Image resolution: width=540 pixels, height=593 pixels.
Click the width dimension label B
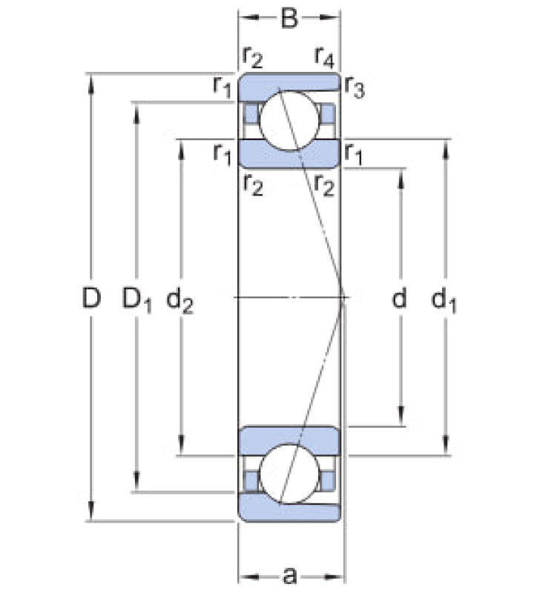289,18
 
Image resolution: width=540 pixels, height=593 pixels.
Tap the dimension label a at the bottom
290,577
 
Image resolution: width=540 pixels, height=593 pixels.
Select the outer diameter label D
91,297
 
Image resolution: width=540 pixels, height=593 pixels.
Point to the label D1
136,299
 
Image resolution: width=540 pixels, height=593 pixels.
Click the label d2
180,300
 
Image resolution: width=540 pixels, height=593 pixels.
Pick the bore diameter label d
400,297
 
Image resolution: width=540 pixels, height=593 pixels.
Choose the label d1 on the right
444,300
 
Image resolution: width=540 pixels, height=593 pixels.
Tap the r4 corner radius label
325,58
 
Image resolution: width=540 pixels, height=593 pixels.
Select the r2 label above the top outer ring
252,58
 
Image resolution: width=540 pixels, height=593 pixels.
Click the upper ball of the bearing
289,120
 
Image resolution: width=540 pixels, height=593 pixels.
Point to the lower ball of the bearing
289,474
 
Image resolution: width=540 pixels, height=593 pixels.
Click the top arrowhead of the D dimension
91,83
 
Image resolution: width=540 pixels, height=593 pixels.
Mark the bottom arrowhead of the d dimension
401,416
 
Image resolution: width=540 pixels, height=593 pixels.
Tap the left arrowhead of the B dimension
248,17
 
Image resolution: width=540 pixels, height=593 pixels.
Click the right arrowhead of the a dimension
334,577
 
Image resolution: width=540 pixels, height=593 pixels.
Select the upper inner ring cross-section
289,154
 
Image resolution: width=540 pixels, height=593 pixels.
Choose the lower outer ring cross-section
289,508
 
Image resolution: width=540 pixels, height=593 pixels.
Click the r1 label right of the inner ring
353,155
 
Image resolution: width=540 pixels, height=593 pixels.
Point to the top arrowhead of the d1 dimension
446,150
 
